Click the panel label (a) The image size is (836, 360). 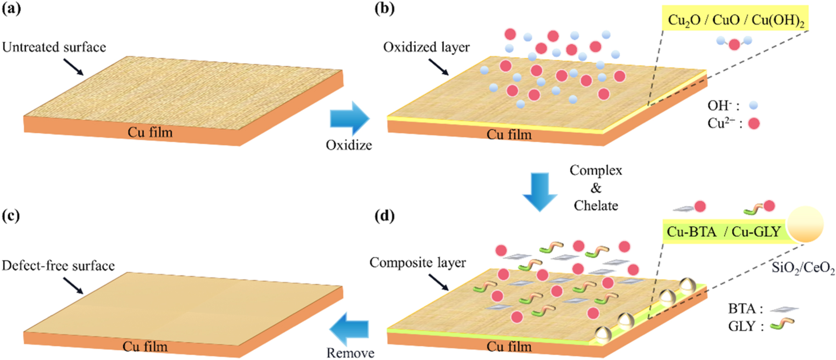click(x=11, y=9)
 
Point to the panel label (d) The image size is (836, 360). click(x=384, y=215)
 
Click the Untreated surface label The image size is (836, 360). click(x=54, y=47)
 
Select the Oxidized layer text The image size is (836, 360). click(x=426, y=47)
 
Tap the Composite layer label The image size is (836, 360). click(x=418, y=263)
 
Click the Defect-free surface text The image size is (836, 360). click(x=58, y=266)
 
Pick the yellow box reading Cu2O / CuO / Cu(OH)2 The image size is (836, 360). click(x=735, y=20)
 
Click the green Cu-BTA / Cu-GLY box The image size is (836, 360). click(x=724, y=232)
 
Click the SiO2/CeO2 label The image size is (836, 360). click(x=803, y=268)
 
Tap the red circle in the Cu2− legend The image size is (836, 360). click(x=754, y=124)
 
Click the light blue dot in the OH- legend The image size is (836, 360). click(x=753, y=106)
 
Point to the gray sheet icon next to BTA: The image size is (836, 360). click(x=784, y=309)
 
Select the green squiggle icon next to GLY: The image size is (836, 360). click(x=782, y=325)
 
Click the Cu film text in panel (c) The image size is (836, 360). click(x=145, y=346)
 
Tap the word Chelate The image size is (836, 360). click(x=596, y=206)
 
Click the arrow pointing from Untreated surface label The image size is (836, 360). click(x=73, y=67)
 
